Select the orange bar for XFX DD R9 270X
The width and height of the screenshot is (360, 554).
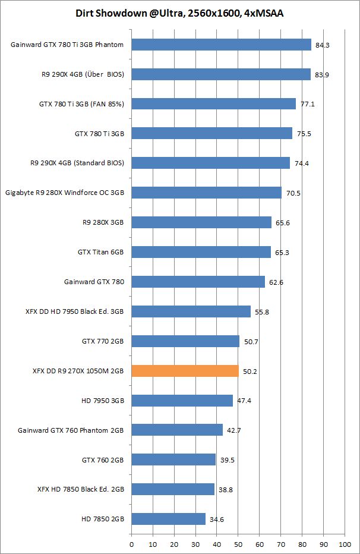coord(185,371)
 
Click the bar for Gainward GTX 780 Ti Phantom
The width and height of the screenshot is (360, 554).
coord(221,45)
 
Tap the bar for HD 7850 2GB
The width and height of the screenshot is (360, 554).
coord(168,519)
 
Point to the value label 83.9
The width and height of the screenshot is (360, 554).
coord(323,74)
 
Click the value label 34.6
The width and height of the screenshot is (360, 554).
coord(217,520)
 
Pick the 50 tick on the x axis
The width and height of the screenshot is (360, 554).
coord(238,544)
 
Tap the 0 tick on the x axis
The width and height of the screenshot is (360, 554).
coord(131,544)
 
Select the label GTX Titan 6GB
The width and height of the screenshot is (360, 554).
coord(101,252)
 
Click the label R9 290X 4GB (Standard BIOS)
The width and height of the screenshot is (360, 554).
coord(77,163)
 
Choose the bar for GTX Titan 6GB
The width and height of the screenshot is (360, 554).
coord(201,252)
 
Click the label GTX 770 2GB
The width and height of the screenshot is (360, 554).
coord(103,341)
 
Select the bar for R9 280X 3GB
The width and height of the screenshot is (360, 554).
coord(201,222)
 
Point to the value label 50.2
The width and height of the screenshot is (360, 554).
coord(250,372)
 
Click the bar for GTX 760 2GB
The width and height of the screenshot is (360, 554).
coord(173,459)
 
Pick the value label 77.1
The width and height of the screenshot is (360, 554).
coord(308,104)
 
